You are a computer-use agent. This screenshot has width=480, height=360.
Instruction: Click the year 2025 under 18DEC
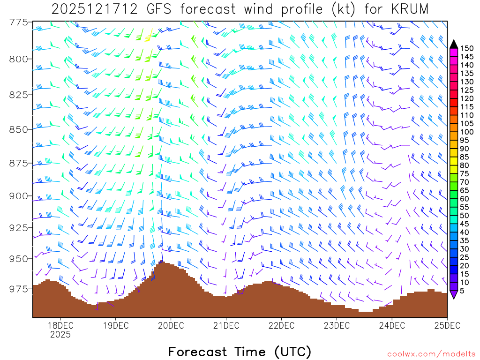(x=60, y=335)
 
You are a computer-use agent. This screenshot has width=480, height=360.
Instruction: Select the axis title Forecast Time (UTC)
(x=240, y=352)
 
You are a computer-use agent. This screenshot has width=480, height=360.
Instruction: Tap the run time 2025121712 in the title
(x=94, y=9)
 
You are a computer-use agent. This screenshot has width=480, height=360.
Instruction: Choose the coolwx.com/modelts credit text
(x=431, y=354)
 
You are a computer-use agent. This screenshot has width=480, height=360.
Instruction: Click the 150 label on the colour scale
(x=467, y=48)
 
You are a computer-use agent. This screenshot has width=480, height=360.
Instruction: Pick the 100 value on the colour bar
(x=467, y=132)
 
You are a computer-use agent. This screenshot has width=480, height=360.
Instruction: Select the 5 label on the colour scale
(x=463, y=291)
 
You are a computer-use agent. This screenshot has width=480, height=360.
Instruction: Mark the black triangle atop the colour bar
(x=454, y=44)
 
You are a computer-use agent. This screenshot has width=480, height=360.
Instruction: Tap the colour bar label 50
(x=465, y=216)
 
